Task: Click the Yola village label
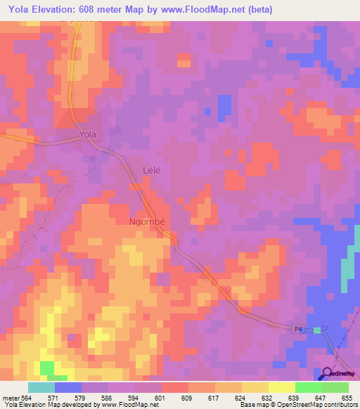(87, 134)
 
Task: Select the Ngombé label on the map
(148, 220)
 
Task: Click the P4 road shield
(298, 329)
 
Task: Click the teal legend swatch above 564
(41, 387)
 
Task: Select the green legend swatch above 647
(309, 387)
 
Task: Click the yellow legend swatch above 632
(255, 387)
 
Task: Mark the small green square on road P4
(316, 330)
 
